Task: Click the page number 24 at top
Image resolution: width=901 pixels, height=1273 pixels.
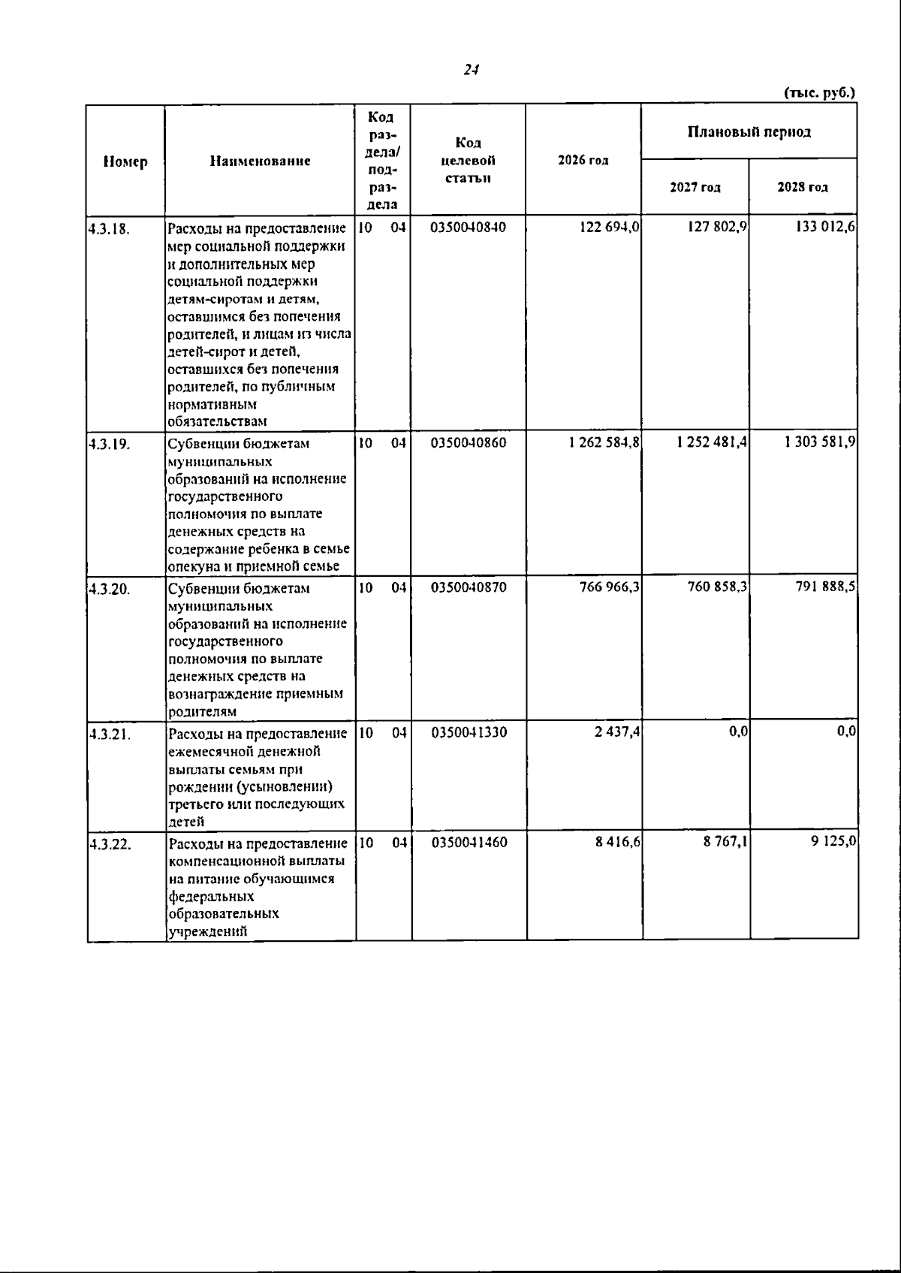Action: tap(471, 70)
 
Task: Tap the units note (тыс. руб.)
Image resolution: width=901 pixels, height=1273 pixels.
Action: tap(819, 93)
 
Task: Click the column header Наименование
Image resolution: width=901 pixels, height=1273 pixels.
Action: tap(260, 161)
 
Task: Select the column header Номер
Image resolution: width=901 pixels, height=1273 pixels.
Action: tap(125, 161)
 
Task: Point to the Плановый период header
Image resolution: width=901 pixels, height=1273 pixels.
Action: tap(749, 132)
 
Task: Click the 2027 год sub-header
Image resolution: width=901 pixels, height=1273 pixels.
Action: tap(695, 188)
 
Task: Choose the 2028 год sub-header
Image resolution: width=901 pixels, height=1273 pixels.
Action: tap(803, 188)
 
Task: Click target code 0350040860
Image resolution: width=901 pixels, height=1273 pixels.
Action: tap(469, 443)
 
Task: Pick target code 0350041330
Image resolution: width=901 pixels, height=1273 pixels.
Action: tap(469, 732)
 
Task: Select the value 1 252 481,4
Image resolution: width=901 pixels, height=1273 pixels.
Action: tap(711, 443)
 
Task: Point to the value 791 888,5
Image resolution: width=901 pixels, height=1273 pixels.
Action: tap(825, 587)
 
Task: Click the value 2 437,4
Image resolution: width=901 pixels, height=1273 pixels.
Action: tap(617, 732)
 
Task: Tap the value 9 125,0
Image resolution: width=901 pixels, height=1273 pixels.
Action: tap(833, 843)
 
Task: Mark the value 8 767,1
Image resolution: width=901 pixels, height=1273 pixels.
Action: tap(725, 843)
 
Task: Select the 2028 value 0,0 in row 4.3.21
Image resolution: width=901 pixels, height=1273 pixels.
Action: tap(846, 732)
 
